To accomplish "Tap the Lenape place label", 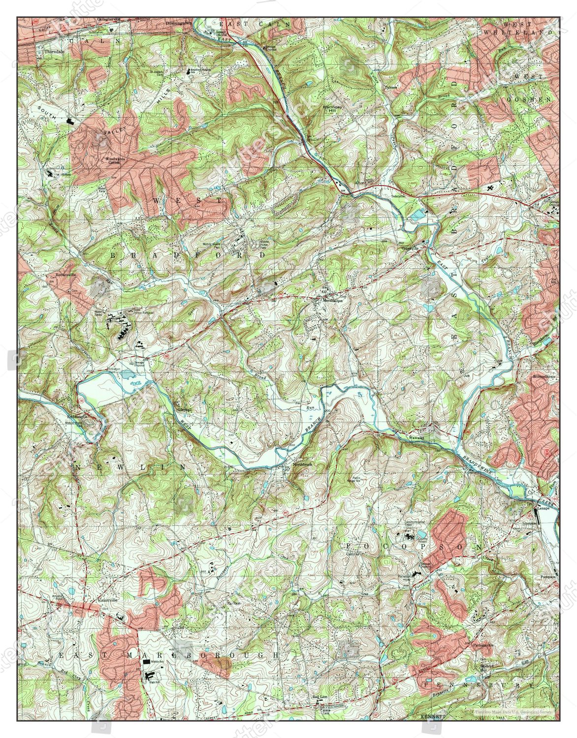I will click(x=543, y=506).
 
